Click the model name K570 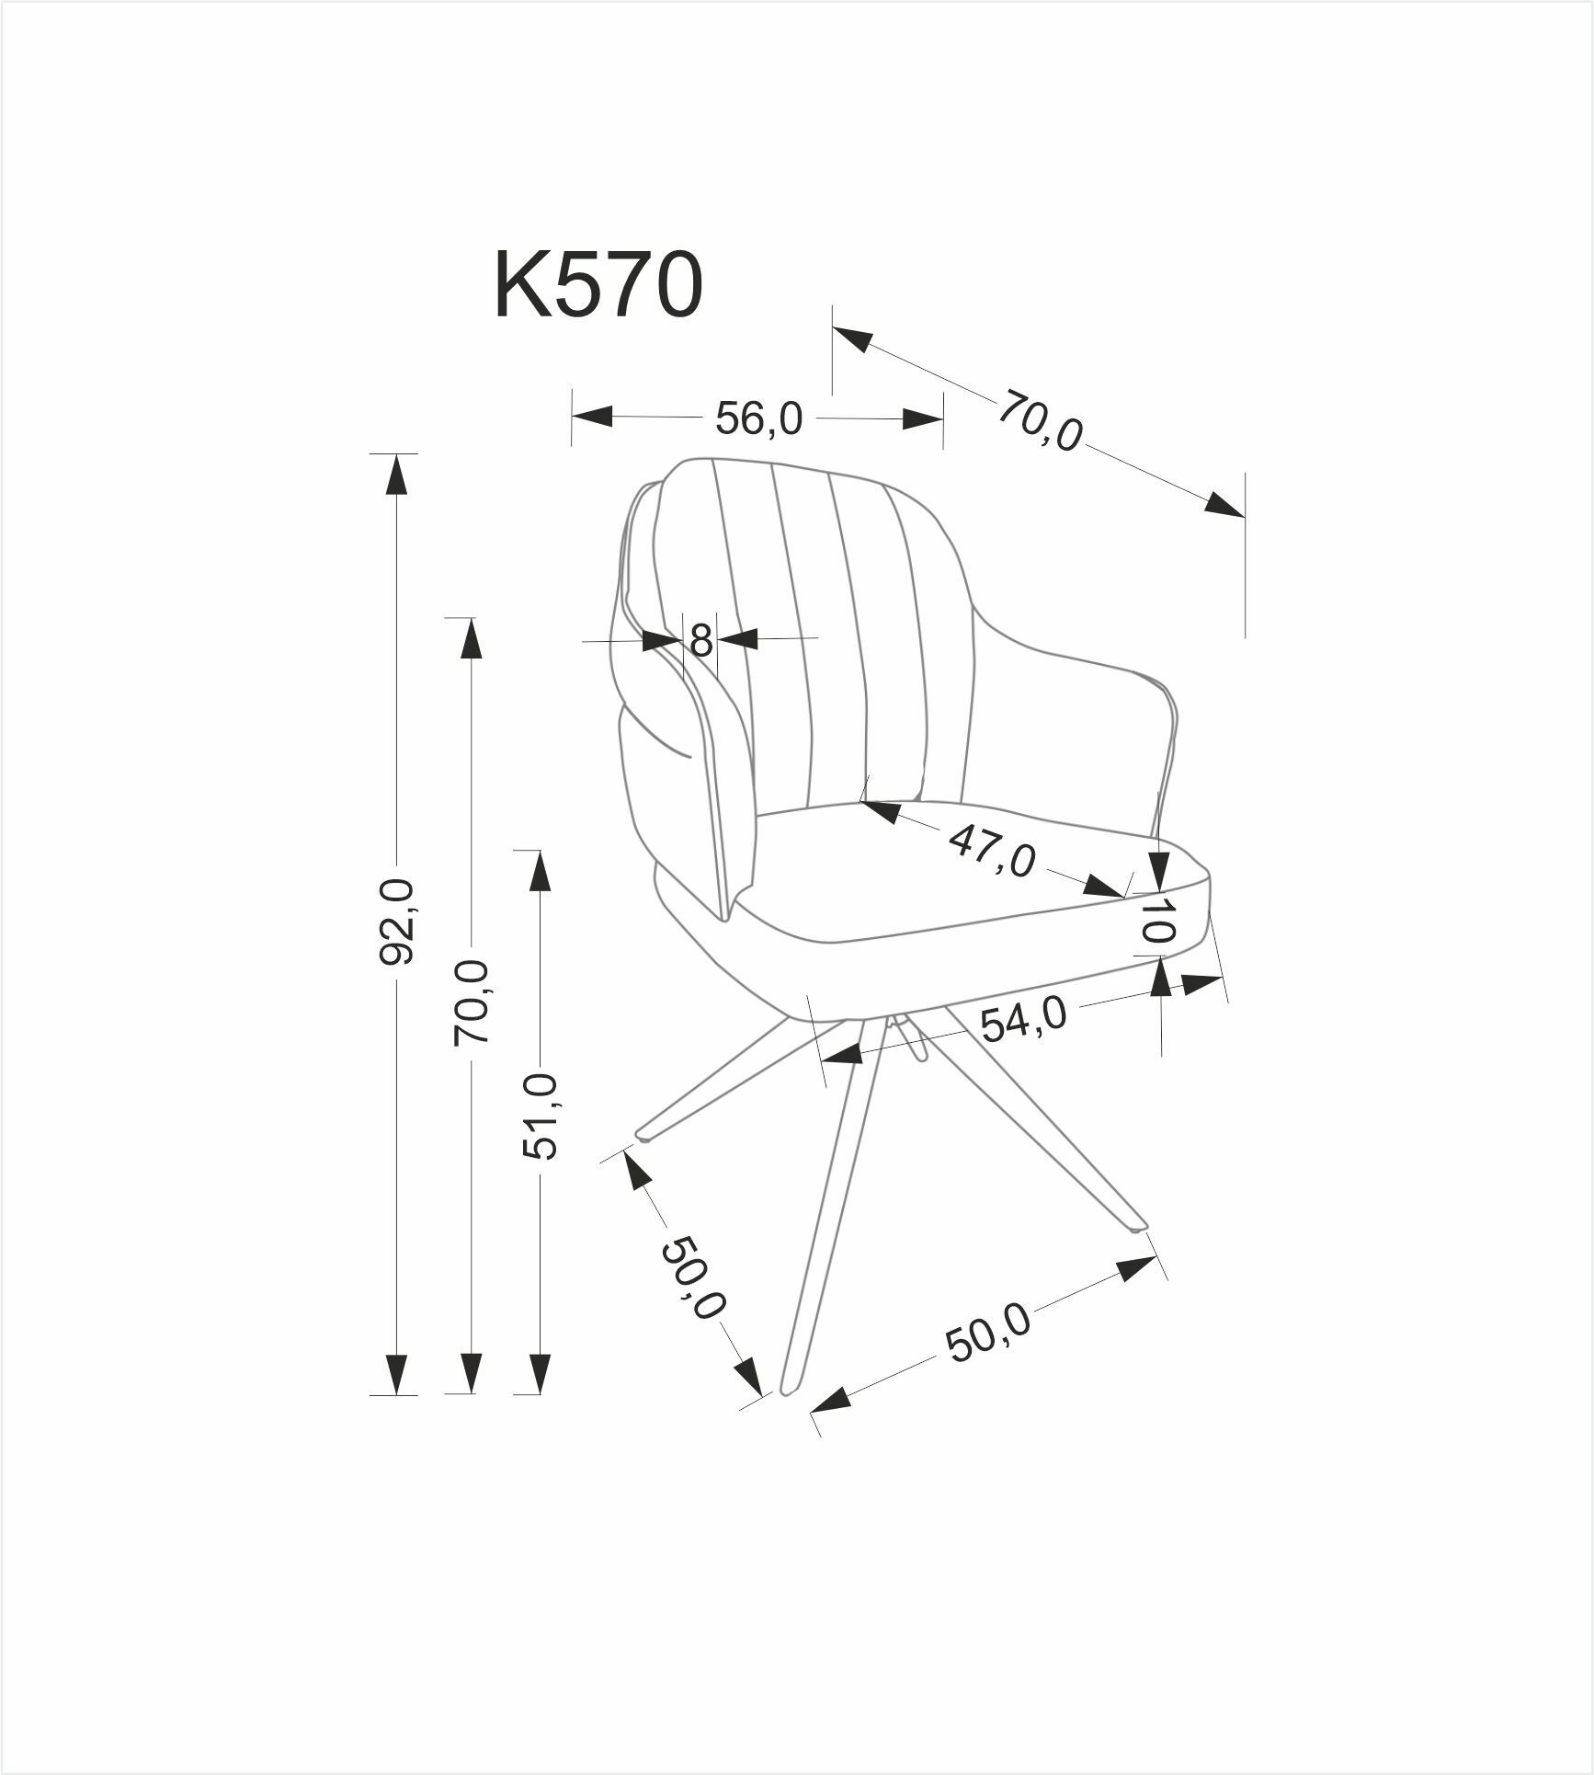pos(598,286)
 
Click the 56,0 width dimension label pos(758,420)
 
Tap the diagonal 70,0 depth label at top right pos(1040,421)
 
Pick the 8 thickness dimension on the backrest pos(700,639)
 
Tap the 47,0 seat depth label pos(992,852)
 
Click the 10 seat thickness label pos(1157,919)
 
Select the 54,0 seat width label pos(1023,1020)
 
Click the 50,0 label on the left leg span pos(692,1278)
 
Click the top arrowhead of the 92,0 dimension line pos(396,474)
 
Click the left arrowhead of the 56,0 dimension pos(592,416)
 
